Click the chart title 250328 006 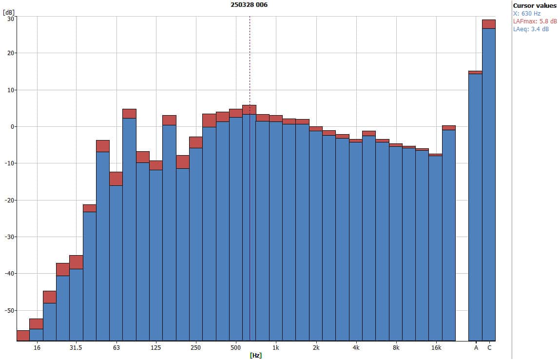coord(249,5)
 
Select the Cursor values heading coord(534,6)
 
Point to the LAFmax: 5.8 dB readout coord(535,21)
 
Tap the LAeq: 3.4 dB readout coord(531,29)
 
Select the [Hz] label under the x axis coord(255,355)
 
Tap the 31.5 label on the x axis coord(76,348)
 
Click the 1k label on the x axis coord(276,348)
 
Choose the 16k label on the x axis coord(436,348)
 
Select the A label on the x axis coord(476,348)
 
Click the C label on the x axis coord(489,348)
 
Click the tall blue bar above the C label coord(489,185)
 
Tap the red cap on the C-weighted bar coord(489,24)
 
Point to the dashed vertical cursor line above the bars coord(250,59)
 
